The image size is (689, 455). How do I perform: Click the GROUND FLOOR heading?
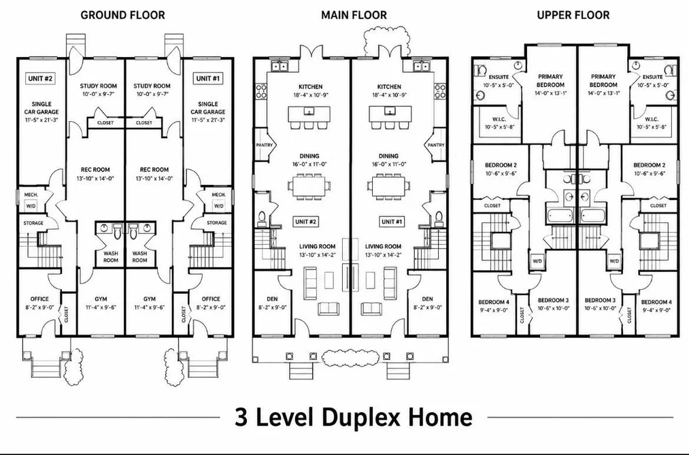coord(122,16)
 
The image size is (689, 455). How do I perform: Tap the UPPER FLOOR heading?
coord(573,16)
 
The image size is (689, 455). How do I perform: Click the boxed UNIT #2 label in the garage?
coord(41,79)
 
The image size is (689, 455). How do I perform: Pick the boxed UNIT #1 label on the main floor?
coord(392,222)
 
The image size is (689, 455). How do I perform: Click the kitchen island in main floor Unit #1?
coord(389,114)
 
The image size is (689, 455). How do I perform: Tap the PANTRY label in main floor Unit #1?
coord(436,145)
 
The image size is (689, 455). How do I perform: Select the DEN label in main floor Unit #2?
coord(272,299)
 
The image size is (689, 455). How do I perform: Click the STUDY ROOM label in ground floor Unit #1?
coord(152,86)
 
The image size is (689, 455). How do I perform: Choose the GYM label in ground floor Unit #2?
coord(101,299)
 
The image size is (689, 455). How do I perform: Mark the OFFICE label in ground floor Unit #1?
coord(211,299)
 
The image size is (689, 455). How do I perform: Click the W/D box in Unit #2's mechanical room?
coord(31,205)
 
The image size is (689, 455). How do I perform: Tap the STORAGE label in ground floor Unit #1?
coord(217,222)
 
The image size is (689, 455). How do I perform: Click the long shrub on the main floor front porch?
coord(350,358)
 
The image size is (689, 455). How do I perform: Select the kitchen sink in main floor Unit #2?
coord(280,67)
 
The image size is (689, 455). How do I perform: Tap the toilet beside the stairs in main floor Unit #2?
coord(262,218)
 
